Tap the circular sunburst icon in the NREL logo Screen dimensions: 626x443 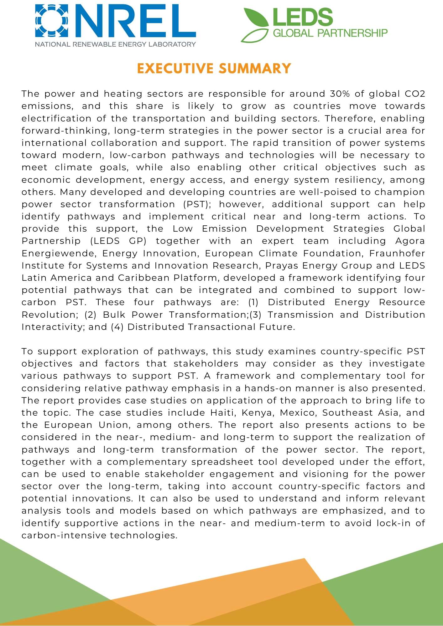[52, 21]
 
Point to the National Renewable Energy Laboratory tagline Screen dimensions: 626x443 [115, 44]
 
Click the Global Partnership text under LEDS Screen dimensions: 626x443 [330, 33]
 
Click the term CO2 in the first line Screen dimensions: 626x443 [415, 94]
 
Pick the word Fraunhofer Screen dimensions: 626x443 [397, 253]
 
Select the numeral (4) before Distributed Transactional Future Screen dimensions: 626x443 [117, 327]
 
